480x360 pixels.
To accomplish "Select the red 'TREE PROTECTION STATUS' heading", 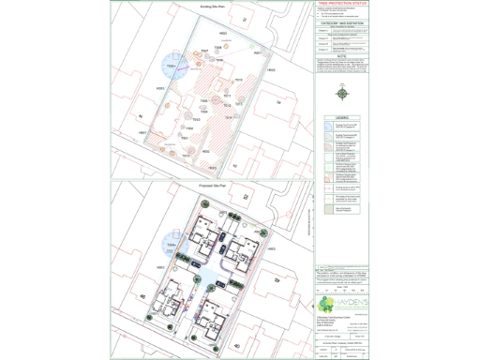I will click(x=343, y=5).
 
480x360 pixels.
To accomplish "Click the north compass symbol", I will click(x=343, y=94).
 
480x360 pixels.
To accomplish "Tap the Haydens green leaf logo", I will click(x=325, y=306).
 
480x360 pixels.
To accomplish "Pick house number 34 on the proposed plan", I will click(x=277, y=278).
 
